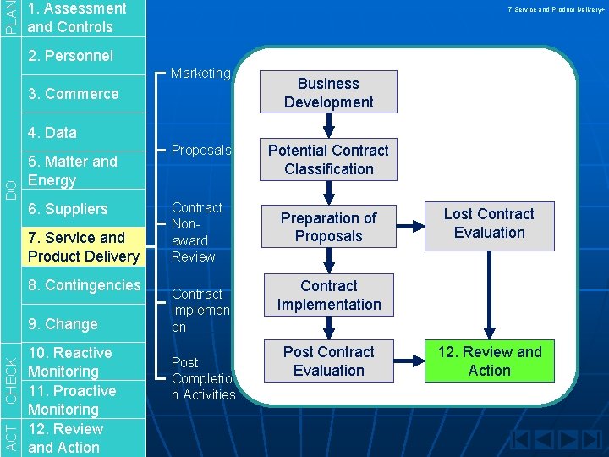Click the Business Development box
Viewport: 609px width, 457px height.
(x=328, y=93)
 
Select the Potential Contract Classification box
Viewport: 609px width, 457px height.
(x=328, y=159)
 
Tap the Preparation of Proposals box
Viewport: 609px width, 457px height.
(x=328, y=227)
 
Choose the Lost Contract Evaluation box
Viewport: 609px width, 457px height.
(x=490, y=223)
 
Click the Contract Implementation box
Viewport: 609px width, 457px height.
(x=328, y=295)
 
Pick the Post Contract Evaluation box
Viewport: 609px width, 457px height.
(x=328, y=361)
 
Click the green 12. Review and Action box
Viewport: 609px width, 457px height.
(x=490, y=361)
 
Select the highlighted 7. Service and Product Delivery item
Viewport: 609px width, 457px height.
(x=83, y=247)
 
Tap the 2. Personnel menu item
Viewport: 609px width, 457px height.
(x=70, y=56)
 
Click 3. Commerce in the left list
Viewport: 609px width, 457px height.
(x=73, y=94)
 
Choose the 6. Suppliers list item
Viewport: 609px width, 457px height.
(x=68, y=209)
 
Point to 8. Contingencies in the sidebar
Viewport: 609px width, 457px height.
(x=84, y=285)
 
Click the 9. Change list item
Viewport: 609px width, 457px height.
(x=63, y=324)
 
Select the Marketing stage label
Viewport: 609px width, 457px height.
(x=200, y=74)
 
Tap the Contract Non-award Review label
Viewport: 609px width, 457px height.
(x=196, y=232)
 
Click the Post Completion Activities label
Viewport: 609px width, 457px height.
(x=203, y=378)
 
